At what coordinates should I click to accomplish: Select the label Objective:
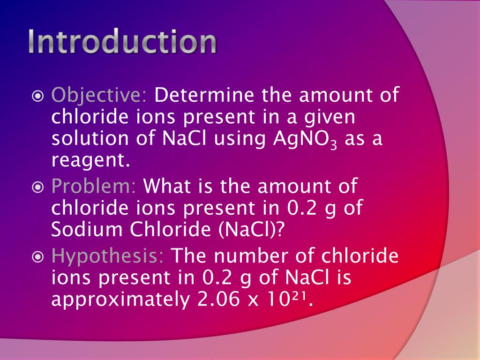pos(99,96)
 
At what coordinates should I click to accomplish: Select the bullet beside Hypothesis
pos(38,257)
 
